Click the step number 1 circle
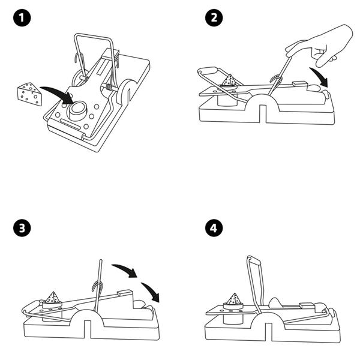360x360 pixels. pyautogui.click(x=22, y=19)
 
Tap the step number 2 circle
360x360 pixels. pyautogui.click(x=212, y=19)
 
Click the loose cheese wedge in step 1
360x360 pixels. pyautogui.click(x=29, y=94)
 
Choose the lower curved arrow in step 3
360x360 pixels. pyautogui.click(x=151, y=289)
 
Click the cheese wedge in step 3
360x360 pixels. pyautogui.click(x=54, y=297)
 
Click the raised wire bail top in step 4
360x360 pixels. pyautogui.click(x=253, y=260)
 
